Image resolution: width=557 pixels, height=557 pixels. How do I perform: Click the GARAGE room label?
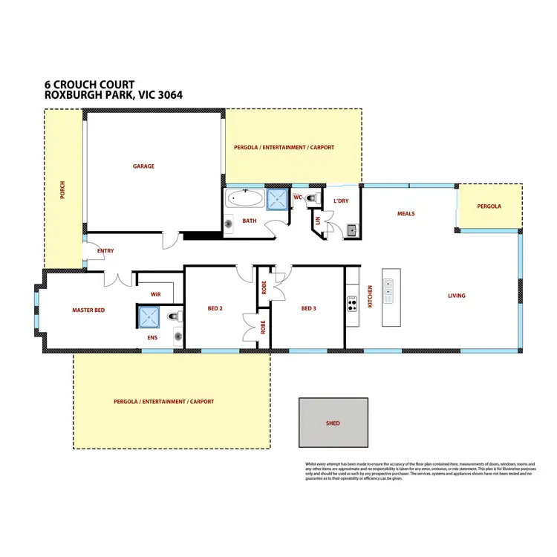pos(143,166)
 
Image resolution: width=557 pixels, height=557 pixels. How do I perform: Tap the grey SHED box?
pos(333,423)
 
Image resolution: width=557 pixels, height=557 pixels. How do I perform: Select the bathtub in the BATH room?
pos(244,199)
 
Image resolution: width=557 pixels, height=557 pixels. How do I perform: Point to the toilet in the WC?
pos(313,198)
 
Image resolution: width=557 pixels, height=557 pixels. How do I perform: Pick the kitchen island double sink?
pos(388,287)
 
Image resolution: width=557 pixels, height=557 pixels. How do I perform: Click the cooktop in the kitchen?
pos(353,302)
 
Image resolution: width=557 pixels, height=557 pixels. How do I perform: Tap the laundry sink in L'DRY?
pos(352,230)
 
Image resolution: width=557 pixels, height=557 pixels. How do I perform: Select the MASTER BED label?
pos(88,310)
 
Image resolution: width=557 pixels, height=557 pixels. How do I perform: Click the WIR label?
pos(155,295)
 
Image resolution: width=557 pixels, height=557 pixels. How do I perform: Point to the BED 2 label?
pos(215,308)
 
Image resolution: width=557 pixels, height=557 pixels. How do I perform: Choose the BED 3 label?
pos(309,308)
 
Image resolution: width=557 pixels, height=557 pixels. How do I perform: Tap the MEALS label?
pos(405,214)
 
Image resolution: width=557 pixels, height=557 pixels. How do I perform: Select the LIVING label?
pos(456,296)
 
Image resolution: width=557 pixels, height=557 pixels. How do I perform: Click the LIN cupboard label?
pos(318,220)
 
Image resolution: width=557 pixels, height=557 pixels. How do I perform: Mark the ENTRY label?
pos(105,251)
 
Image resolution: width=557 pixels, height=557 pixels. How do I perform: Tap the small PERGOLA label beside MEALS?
pos(489,205)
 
